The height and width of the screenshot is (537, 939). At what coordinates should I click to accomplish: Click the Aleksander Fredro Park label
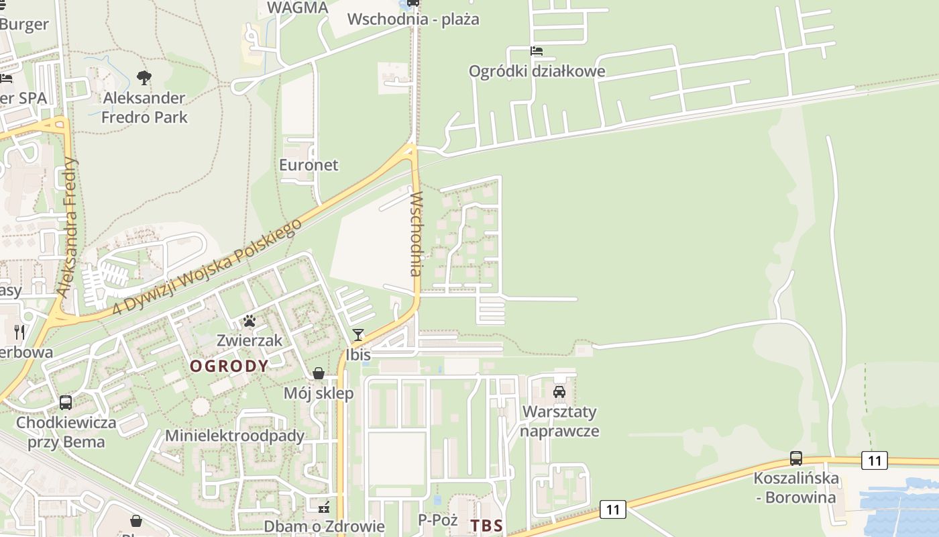(x=144, y=107)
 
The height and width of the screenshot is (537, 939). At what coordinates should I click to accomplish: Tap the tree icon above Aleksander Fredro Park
(x=144, y=78)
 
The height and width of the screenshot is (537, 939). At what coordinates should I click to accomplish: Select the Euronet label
(x=309, y=164)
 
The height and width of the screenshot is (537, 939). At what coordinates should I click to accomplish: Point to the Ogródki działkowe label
(x=537, y=71)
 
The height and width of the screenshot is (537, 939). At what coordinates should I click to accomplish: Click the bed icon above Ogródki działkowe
(x=537, y=51)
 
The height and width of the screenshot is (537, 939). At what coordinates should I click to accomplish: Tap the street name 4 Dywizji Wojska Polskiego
(x=205, y=267)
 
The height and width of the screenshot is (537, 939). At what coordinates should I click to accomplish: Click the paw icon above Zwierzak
(x=250, y=321)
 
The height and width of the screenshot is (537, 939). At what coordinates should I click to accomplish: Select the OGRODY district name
(x=229, y=366)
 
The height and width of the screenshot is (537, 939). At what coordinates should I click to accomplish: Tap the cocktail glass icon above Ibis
(x=358, y=335)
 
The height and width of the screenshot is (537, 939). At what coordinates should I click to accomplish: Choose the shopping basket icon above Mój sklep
(x=319, y=373)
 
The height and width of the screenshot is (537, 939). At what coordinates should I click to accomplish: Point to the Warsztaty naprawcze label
(x=559, y=421)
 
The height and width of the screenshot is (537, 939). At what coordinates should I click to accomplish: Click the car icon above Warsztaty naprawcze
(x=559, y=391)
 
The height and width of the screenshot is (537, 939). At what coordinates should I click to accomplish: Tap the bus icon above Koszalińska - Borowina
(x=796, y=458)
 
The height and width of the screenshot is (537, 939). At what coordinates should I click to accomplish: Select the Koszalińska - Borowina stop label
(x=796, y=488)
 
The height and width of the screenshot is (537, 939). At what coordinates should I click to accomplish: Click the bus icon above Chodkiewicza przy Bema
(x=66, y=403)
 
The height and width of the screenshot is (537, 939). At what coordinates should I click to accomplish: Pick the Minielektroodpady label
(x=235, y=436)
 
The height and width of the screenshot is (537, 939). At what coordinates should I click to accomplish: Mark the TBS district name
(x=487, y=526)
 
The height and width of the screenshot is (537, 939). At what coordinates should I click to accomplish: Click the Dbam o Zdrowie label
(x=324, y=526)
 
